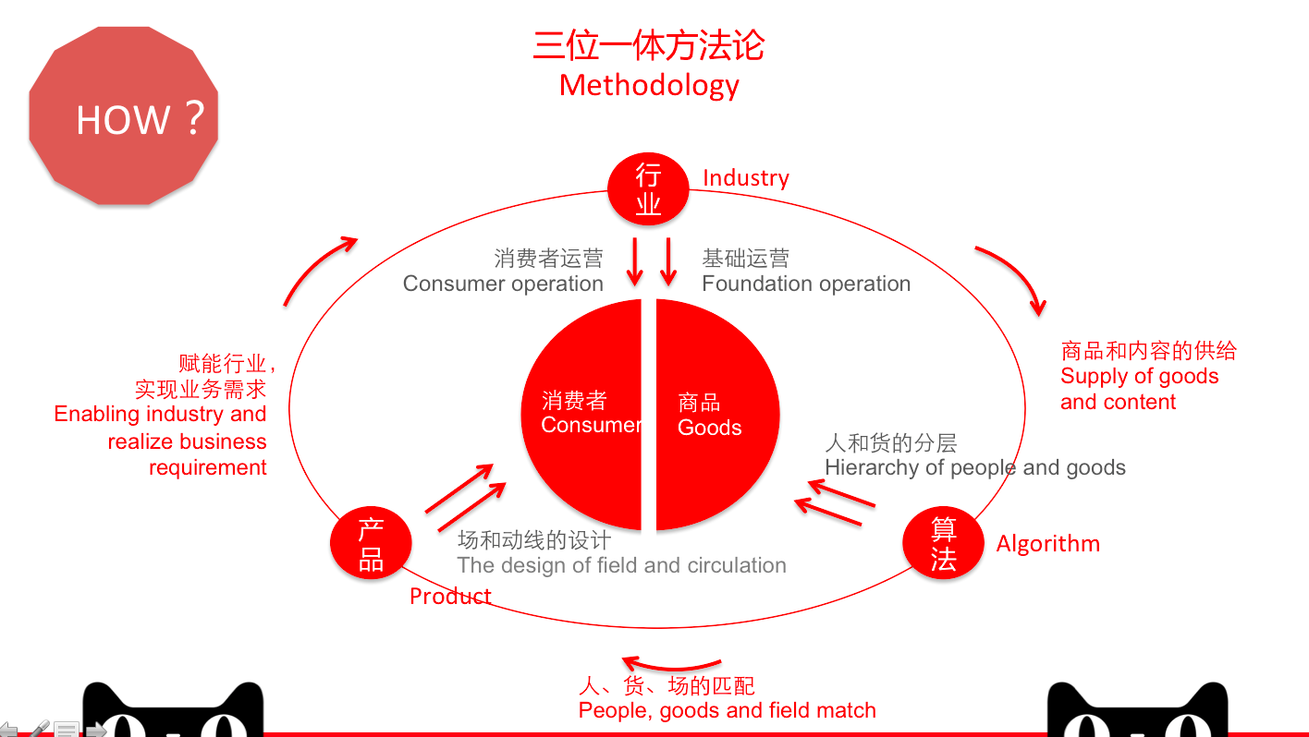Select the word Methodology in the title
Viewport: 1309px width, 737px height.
pos(649,85)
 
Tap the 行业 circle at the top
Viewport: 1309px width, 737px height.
pos(648,188)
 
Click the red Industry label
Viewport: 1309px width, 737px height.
pos(746,178)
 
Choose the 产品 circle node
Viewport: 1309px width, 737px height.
pos(371,543)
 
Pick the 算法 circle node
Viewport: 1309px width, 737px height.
pos(943,543)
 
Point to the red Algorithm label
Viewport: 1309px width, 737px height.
pos(1047,544)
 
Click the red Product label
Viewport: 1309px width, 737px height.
pos(450,597)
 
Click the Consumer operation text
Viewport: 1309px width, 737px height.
pos(503,284)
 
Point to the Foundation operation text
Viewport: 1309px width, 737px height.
pos(806,284)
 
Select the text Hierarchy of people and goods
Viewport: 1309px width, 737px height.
pos(975,467)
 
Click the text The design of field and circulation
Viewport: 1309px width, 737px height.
pos(621,565)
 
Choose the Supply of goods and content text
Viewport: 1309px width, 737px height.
pos(1139,389)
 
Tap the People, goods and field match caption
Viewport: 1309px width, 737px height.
pos(727,710)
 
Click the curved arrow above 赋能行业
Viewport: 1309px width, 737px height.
pos(319,269)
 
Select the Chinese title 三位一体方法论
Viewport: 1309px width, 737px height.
pos(649,45)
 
